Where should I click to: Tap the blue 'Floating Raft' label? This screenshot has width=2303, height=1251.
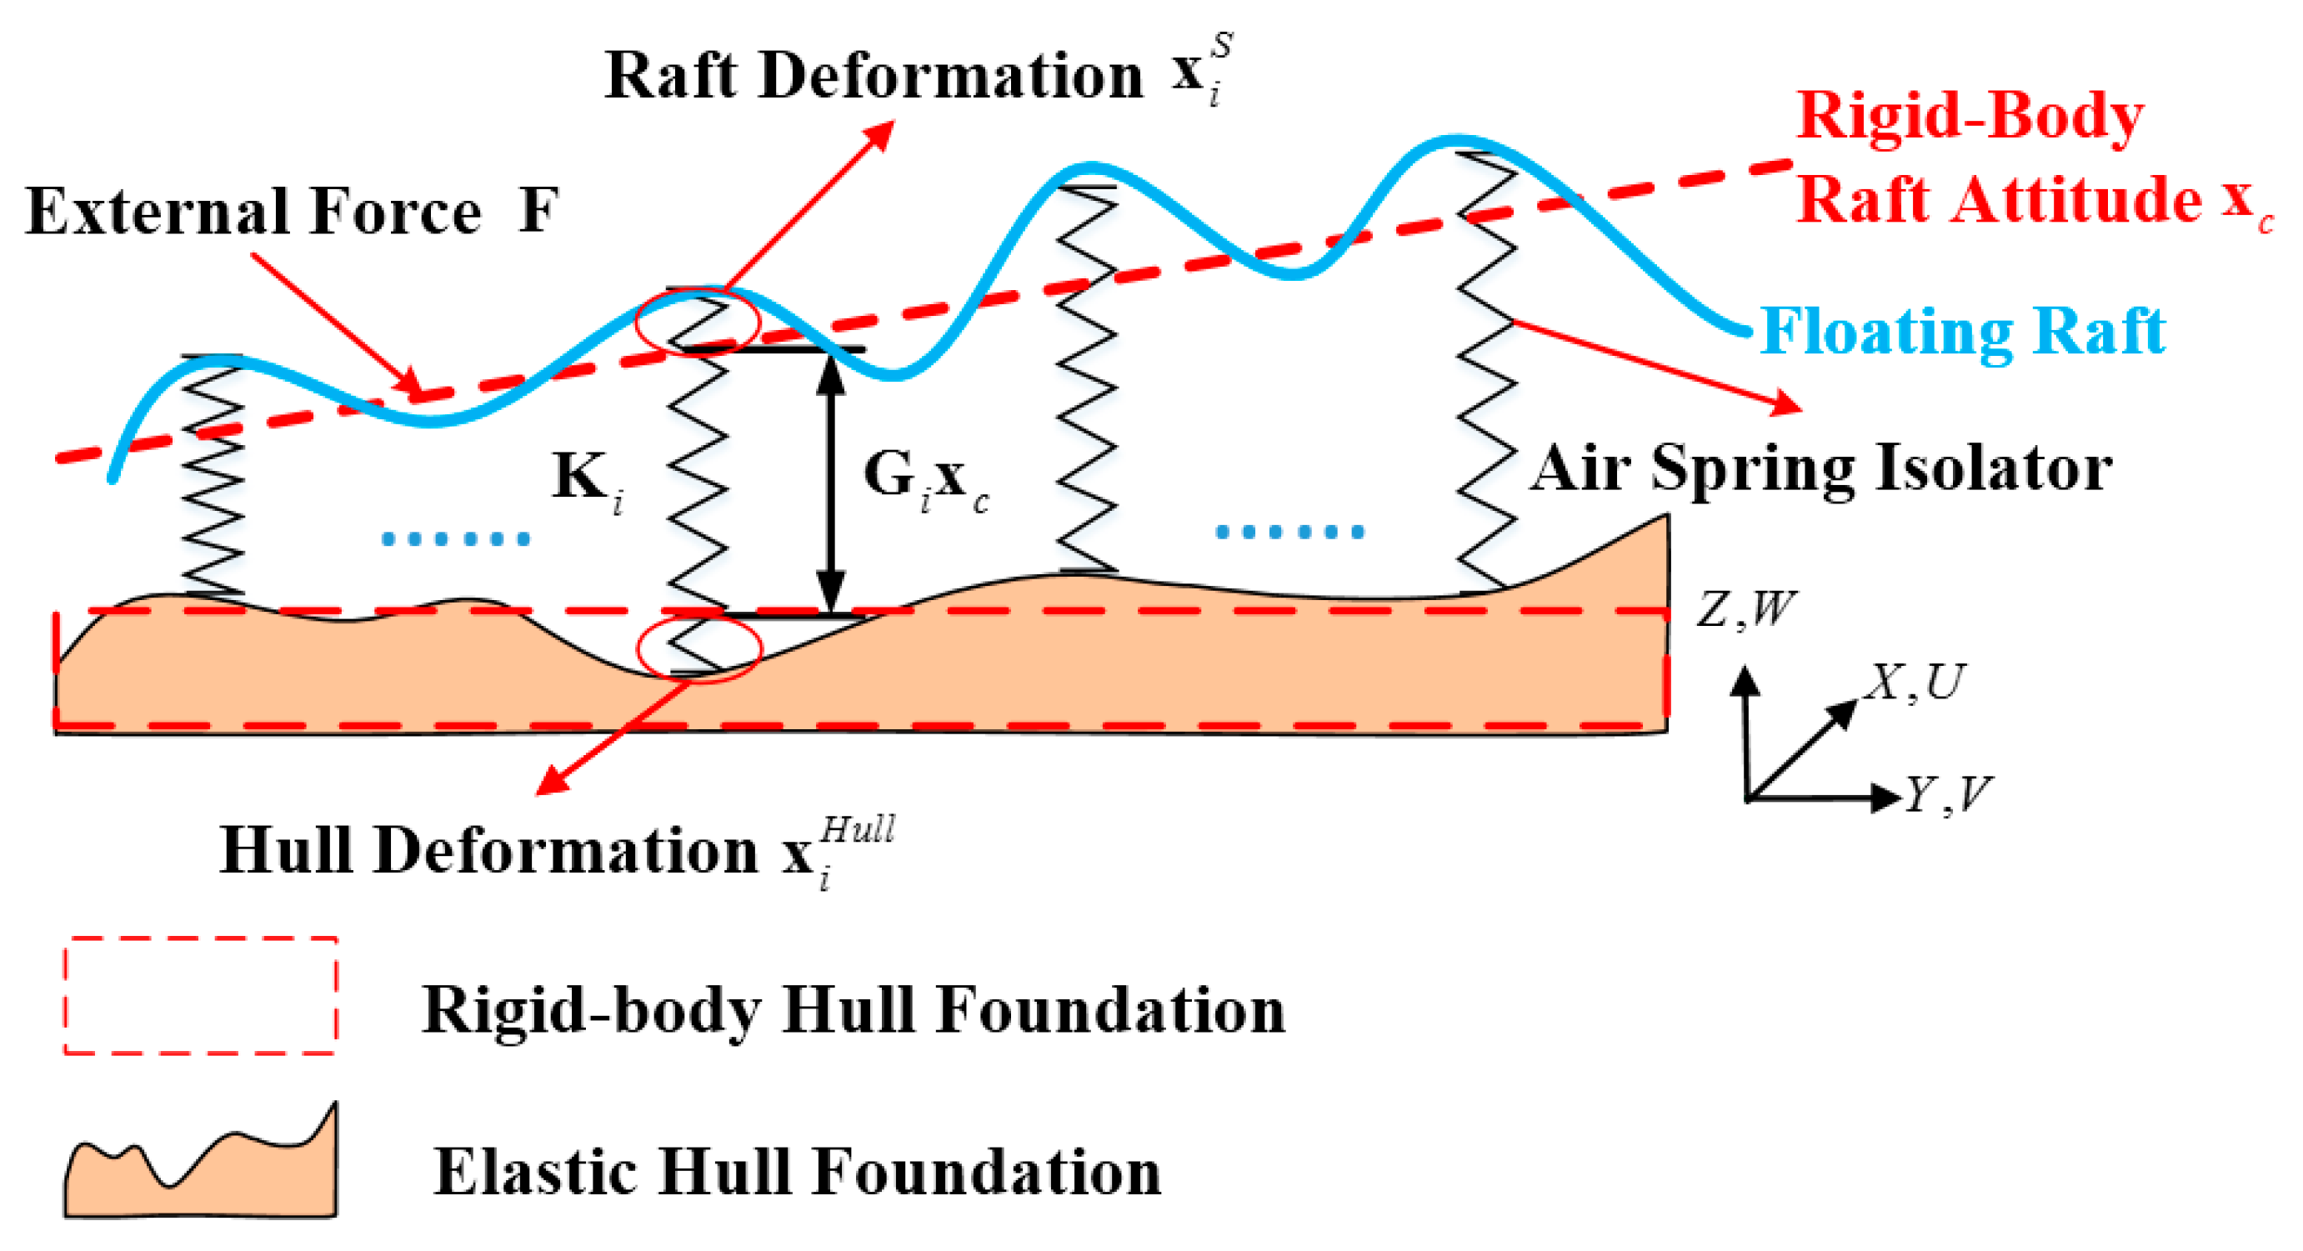pos(1962,332)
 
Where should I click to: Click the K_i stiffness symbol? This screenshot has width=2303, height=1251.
pos(586,479)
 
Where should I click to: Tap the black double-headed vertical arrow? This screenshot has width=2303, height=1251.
pos(832,483)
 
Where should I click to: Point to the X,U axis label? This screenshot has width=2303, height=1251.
pos(1913,683)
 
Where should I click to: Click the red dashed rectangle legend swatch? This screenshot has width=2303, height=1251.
pos(201,995)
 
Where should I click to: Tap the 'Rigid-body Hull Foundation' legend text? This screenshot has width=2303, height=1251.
pos(854,1011)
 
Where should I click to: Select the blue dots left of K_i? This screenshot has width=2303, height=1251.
pos(456,538)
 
